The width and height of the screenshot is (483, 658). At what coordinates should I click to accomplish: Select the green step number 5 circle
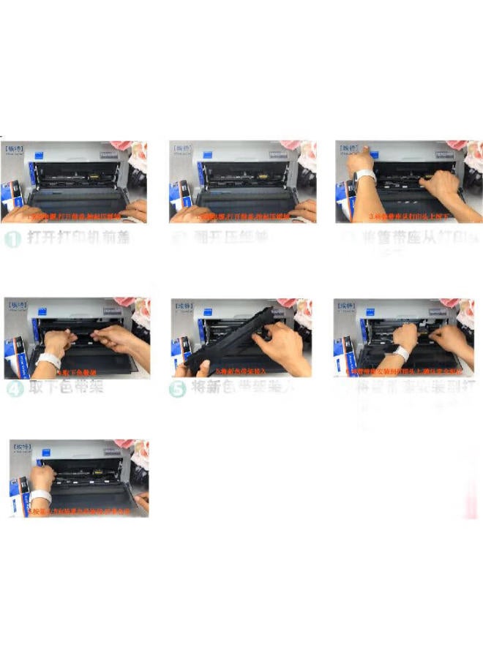point(177,390)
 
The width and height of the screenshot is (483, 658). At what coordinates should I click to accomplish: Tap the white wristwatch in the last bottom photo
point(41,497)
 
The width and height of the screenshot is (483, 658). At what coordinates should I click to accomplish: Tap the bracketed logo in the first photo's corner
point(15,148)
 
